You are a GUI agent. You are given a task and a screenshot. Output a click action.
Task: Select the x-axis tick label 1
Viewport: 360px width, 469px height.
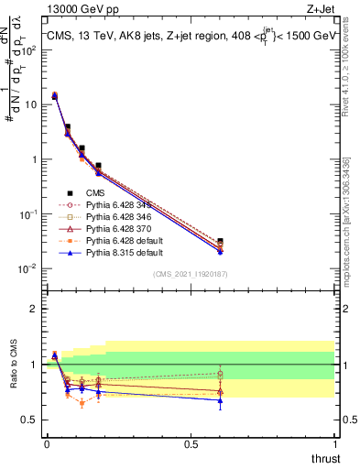pos(335,444)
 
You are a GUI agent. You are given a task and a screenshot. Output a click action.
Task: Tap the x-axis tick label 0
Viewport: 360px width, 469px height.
pos(47,444)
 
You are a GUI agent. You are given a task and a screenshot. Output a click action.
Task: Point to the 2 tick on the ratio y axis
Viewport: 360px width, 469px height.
pos(33,309)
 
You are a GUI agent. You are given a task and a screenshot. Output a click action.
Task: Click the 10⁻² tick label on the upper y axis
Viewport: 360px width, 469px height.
pos(29,268)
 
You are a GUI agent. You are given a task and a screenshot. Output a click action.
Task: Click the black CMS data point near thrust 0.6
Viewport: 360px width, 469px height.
pos(219,241)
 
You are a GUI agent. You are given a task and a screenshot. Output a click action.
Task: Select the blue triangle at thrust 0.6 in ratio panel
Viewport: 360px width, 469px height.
pos(219,400)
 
